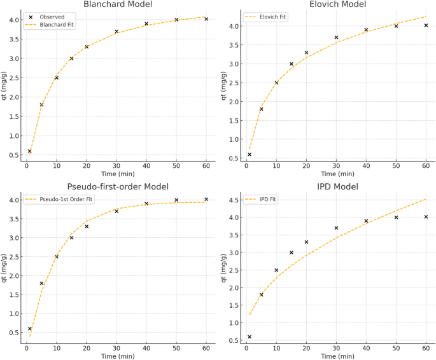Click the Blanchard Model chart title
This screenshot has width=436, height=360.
click(x=118, y=5)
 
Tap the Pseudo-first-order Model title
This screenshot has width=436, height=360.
click(x=118, y=186)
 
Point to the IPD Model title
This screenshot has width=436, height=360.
click(x=335, y=186)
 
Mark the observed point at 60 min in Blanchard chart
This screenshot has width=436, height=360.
click(x=206, y=19)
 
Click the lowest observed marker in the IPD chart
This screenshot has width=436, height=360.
click(x=250, y=337)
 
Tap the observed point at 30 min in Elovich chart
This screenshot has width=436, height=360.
click(x=336, y=38)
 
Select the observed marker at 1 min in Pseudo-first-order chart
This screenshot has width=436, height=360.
click(x=29, y=329)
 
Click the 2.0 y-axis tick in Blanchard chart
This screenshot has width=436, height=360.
click(x=13, y=97)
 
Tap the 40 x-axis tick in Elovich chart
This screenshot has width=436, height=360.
click(x=366, y=166)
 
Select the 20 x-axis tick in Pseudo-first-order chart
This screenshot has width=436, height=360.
click(x=87, y=348)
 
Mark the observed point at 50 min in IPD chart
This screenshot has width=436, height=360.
click(x=396, y=218)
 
